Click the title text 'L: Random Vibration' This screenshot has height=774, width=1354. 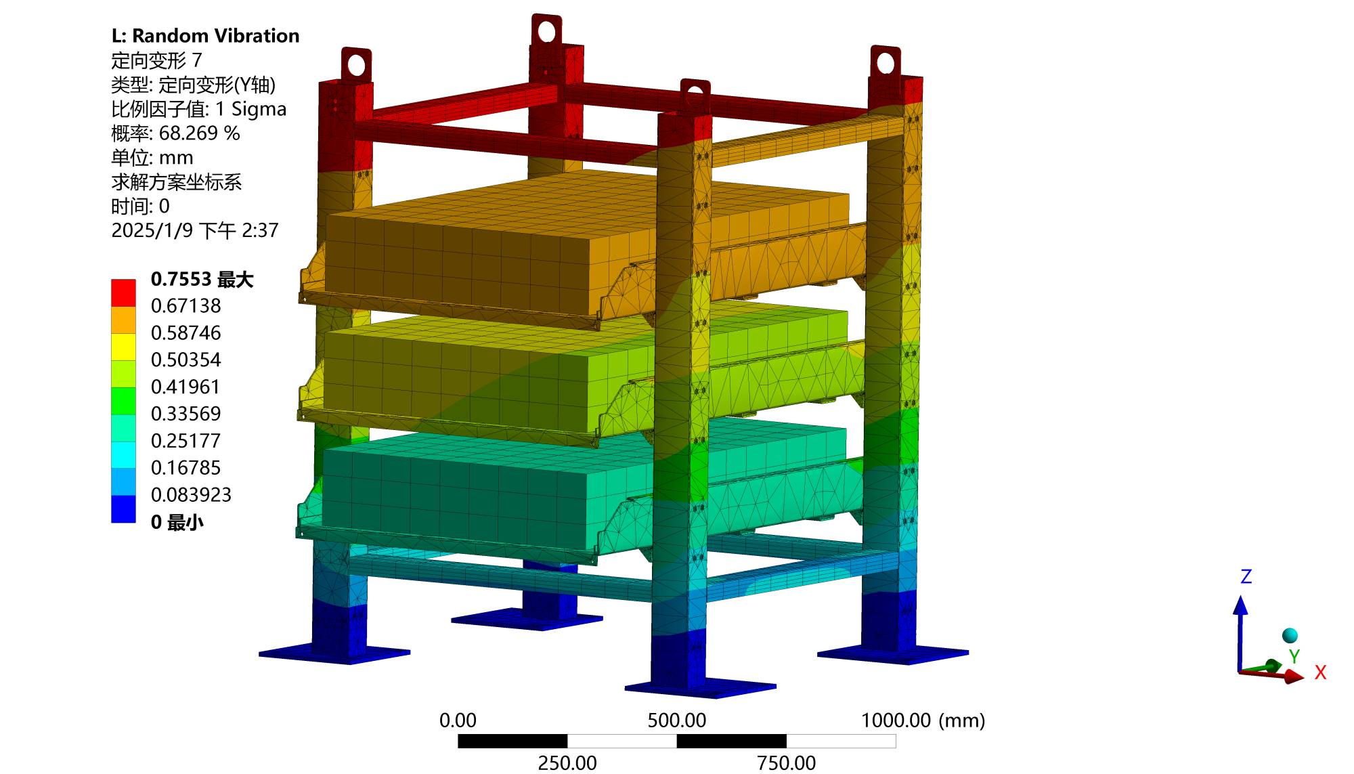tap(205, 36)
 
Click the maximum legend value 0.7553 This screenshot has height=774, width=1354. tap(181, 279)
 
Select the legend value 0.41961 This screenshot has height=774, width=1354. tap(185, 387)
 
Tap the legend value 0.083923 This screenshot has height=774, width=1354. tap(191, 495)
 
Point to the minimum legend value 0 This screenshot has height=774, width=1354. tap(156, 522)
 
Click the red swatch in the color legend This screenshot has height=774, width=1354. tap(123, 293)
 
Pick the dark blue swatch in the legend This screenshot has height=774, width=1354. tap(123, 509)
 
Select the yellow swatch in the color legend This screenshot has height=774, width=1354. tap(123, 347)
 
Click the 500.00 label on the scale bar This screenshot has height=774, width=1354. tap(676, 721)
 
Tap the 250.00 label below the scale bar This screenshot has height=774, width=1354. tap(567, 763)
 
